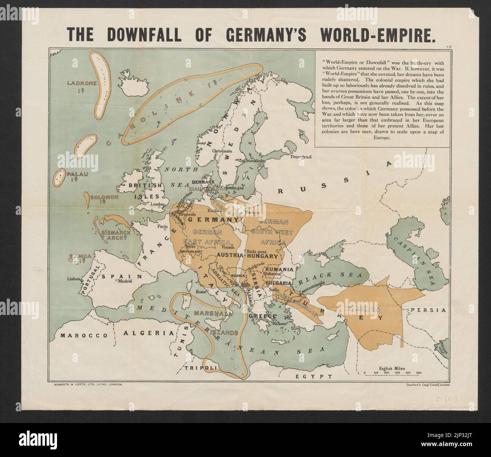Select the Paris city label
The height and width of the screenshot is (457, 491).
(x=162, y=227)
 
